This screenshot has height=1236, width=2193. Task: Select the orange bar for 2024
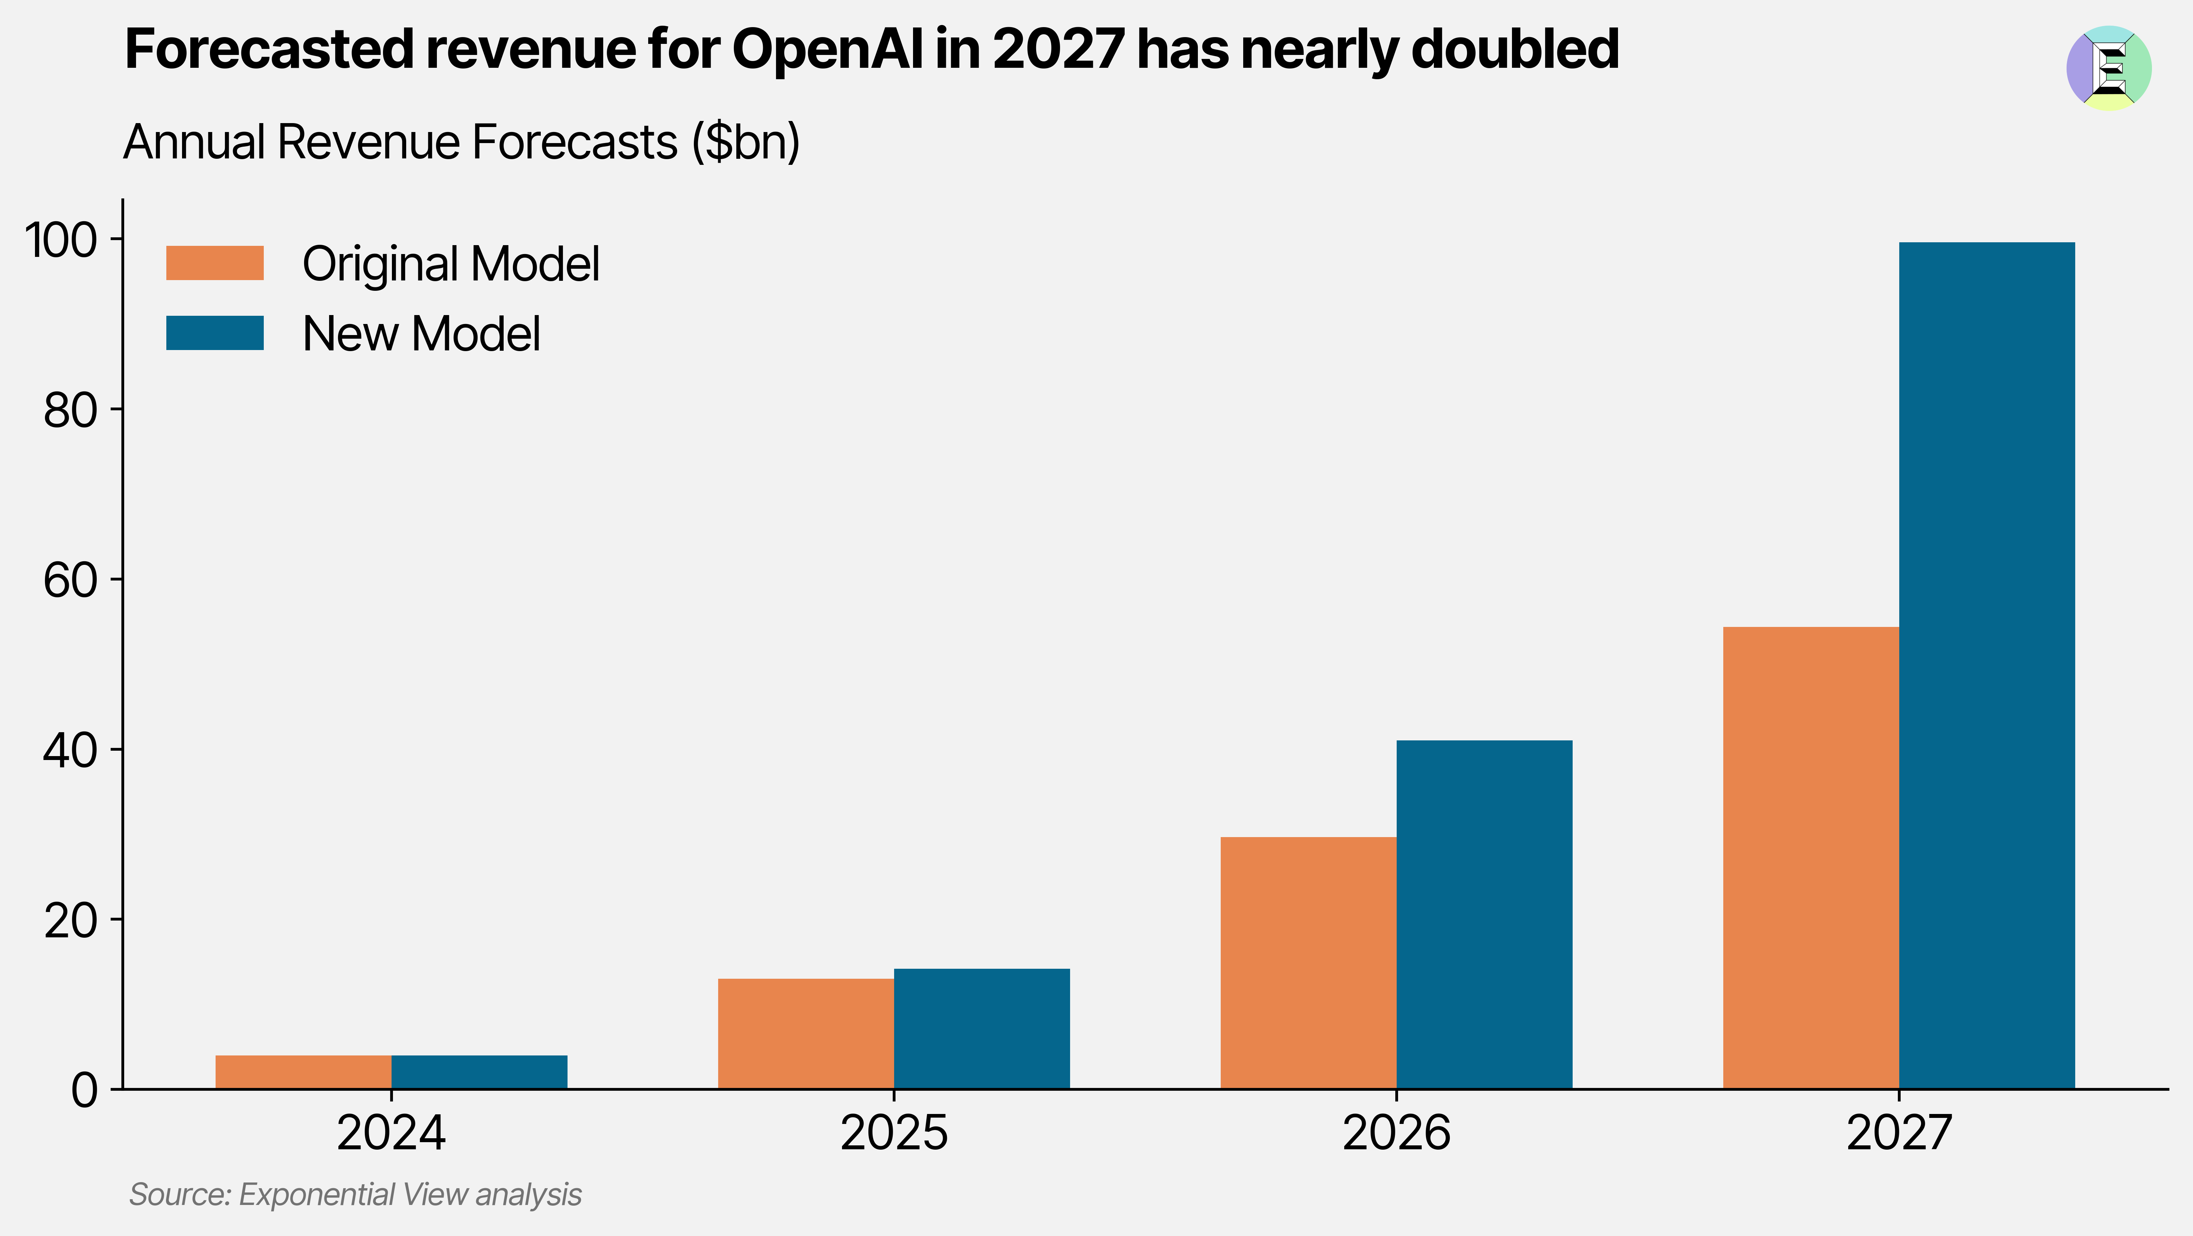coord(303,1072)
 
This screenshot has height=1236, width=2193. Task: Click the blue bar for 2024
coord(479,1072)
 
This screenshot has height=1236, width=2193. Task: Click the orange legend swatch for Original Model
coord(215,263)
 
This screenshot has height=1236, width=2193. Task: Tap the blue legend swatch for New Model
coord(215,333)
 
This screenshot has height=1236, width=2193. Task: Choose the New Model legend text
coord(422,333)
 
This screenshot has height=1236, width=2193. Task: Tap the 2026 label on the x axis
coord(1396,1133)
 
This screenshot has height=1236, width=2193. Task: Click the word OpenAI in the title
coord(827,49)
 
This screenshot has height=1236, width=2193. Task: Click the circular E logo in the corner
coord(2109,68)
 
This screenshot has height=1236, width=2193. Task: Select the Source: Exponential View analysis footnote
coord(355,1194)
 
